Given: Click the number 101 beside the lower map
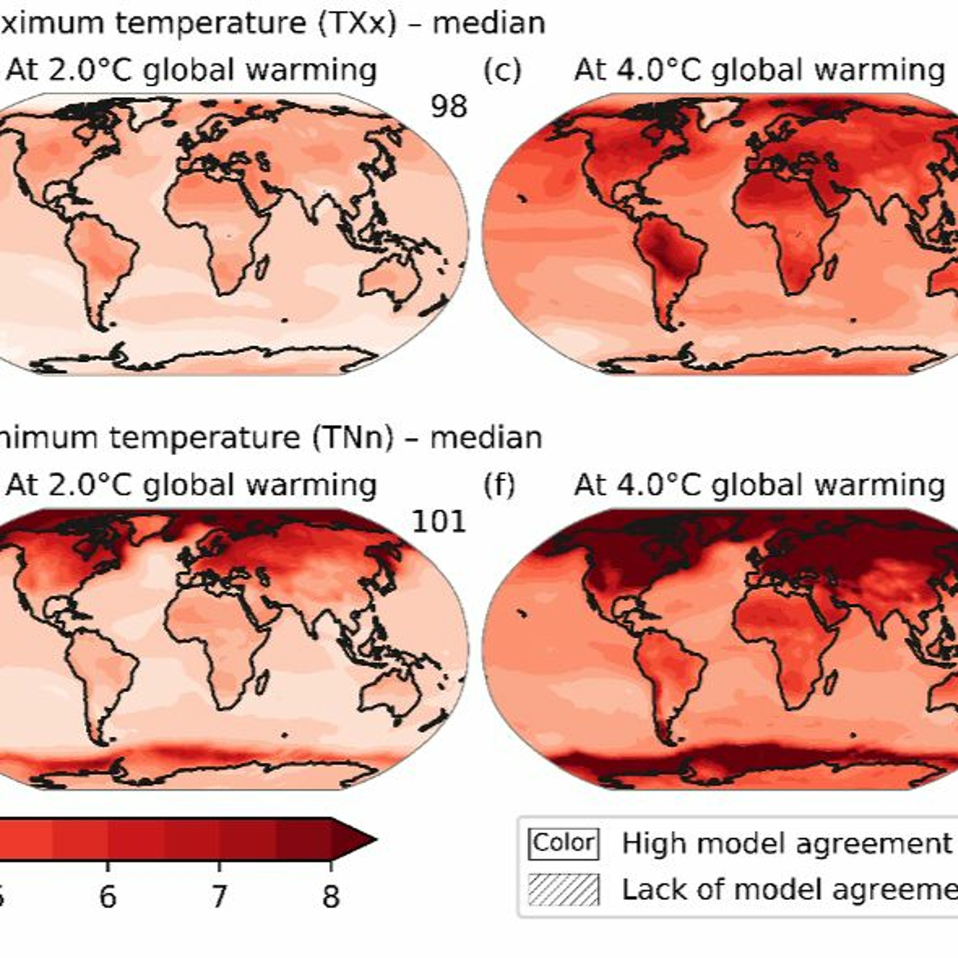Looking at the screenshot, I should click(439, 522).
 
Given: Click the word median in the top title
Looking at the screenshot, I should click(489, 23).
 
